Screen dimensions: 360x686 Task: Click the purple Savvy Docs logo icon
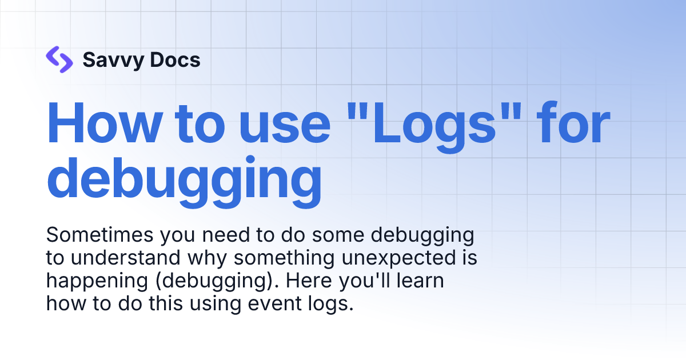coord(59,59)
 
